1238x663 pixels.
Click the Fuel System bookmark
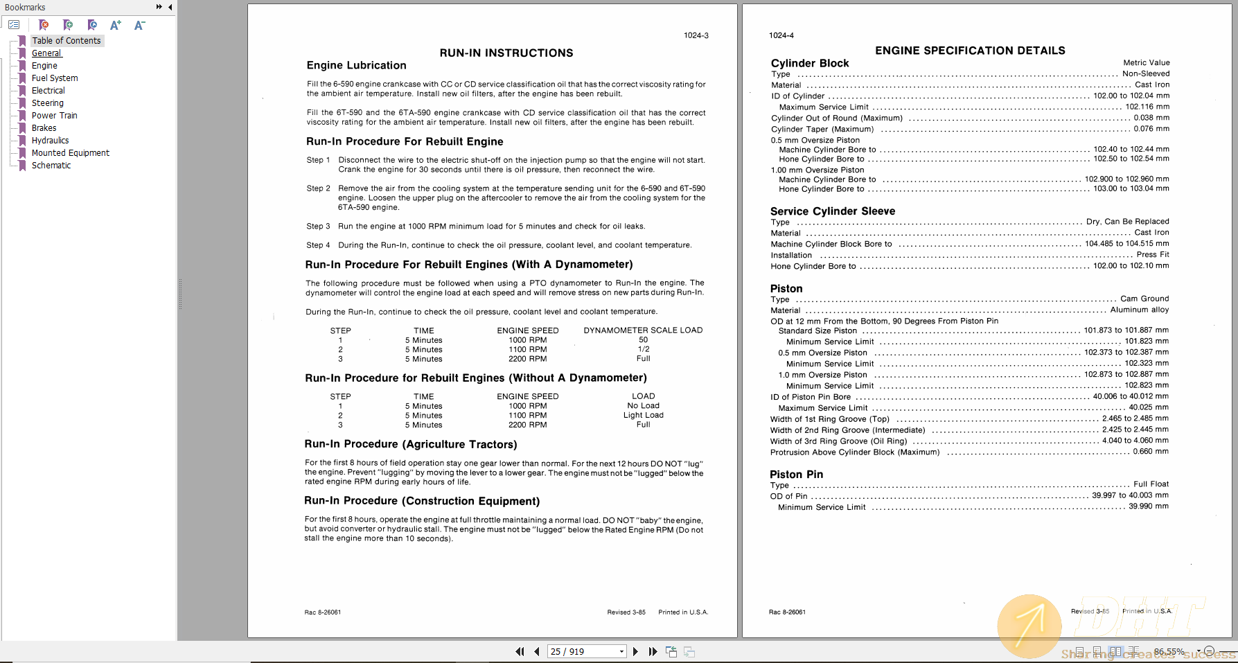(x=54, y=78)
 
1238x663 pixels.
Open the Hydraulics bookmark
(x=50, y=141)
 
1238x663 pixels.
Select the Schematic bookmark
(x=51, y=166)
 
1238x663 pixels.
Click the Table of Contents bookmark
(x=66, y=41)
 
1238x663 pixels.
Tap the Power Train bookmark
(x=54, y=116)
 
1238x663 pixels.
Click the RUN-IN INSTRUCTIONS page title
(x=506, y=53)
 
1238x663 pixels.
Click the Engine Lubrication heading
(x=356, y=66)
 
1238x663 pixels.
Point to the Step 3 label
(x=318, y=227)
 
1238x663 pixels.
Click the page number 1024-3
(x=696, y=35)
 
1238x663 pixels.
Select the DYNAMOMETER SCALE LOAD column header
(x=642, y=330)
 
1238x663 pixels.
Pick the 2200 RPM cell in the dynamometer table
(x=527, y=359)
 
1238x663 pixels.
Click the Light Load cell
(x=643, y=416)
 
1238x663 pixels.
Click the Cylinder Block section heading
(x=809, y=64)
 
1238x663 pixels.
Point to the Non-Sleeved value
(x=1145, y=74)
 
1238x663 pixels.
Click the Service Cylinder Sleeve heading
(x=832, y=211)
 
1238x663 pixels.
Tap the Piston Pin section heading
(x=796, y=475)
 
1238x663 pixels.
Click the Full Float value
(x=1150, y=484)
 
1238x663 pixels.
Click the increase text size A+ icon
(x=116, y=25)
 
